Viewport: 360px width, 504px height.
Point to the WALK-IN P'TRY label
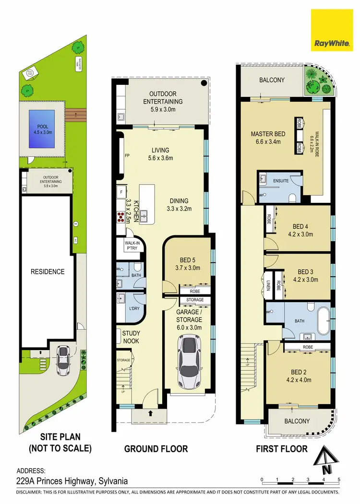pos(132,246)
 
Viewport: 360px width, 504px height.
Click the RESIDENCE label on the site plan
pos(48,271)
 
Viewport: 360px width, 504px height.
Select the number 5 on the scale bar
pos(339,480)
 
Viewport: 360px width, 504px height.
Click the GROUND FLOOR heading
pos(156,449)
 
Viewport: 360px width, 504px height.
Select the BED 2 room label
pos(298,376)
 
